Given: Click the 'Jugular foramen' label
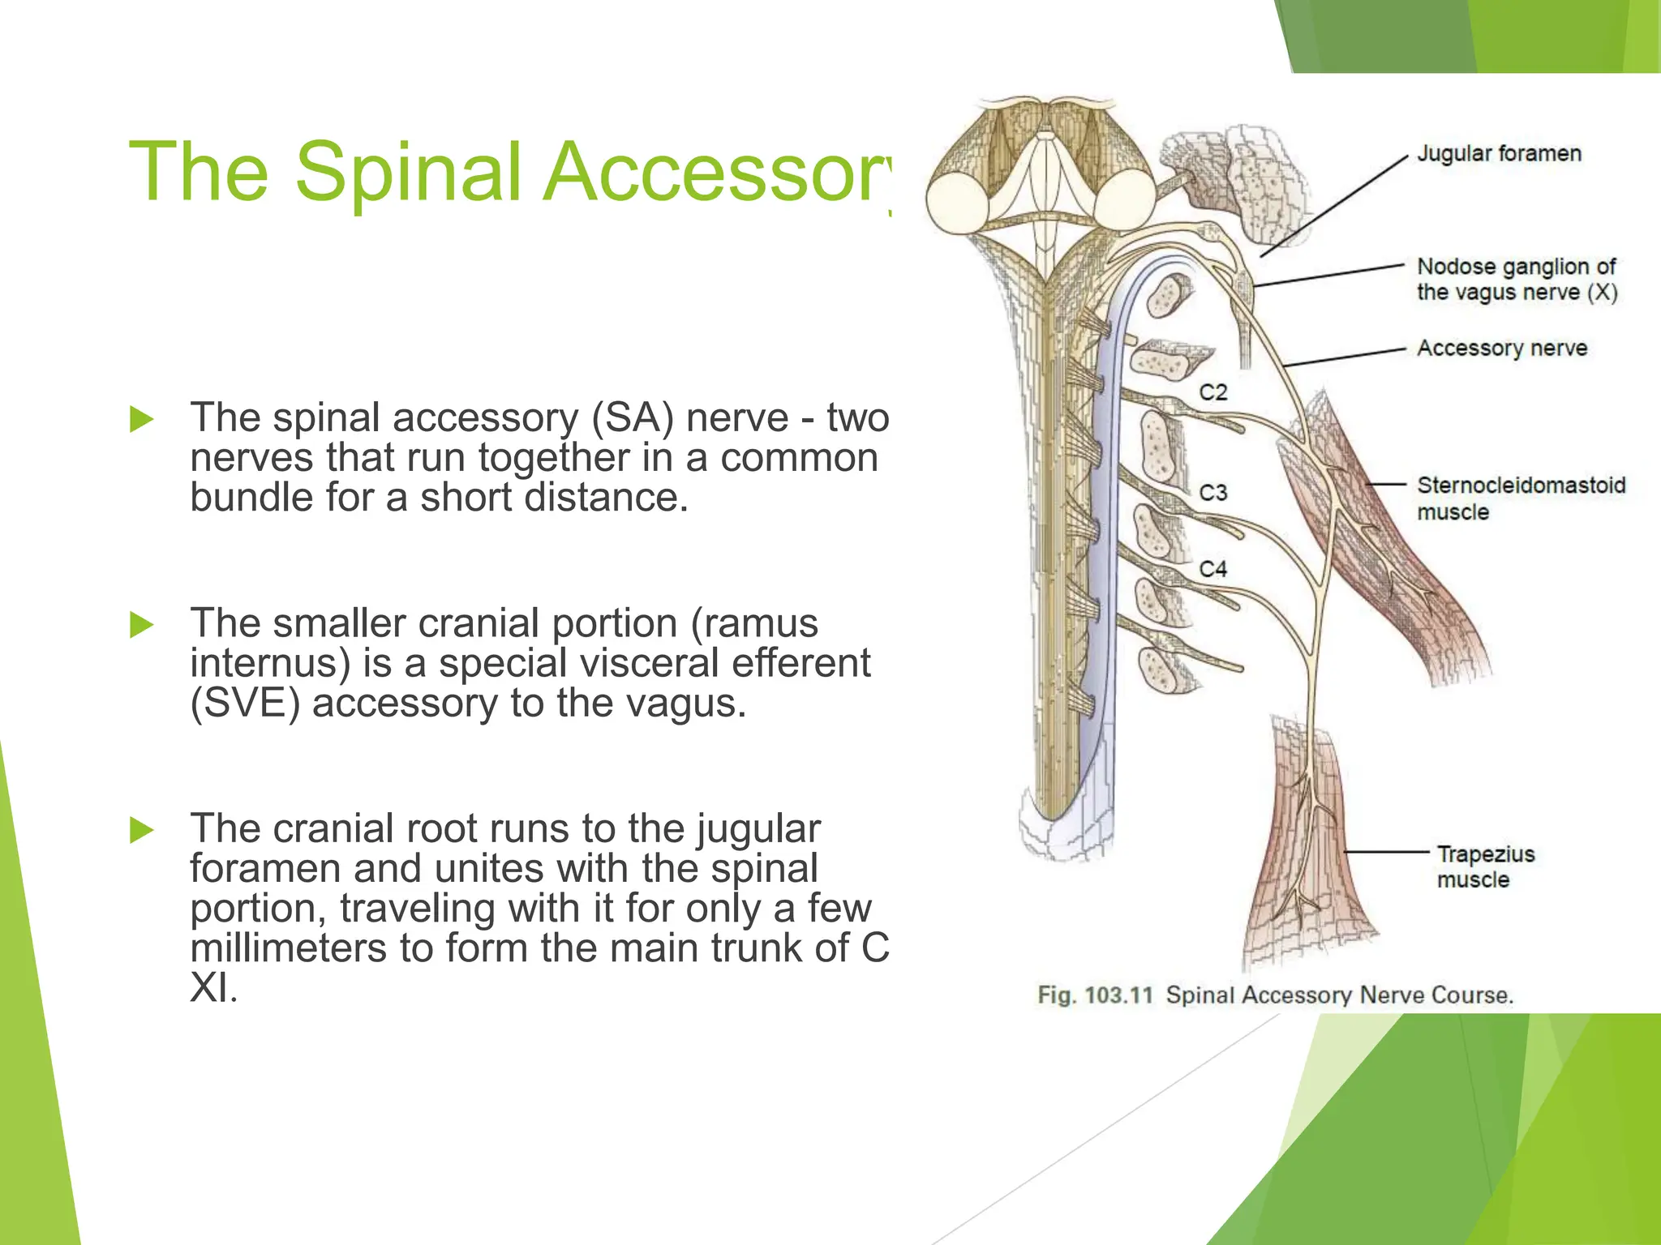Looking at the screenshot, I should click(x=1499, y=154).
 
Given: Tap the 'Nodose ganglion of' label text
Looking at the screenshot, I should click(x=1516, y=267).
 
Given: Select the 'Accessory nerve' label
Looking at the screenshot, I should click(x=1502, y=349).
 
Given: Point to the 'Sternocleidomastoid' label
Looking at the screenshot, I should click(x=1521, y=486).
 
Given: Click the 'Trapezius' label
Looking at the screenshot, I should click(x=1486, y=854).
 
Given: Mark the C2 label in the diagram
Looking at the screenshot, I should click(x=1213, y=392).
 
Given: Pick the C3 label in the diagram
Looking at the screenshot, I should click(x=1213, y=493).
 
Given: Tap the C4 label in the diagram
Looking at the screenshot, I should click(x=1213, y=569).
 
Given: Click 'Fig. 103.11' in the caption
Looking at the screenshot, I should click(x=1095, y=995).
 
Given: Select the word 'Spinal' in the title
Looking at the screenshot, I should click(x=407, y=172).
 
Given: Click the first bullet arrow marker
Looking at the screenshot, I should click(x=142, y=419).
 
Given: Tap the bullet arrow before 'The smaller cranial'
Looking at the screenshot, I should click(x=142, y=625).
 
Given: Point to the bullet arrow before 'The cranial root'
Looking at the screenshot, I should click(x=142, y=830).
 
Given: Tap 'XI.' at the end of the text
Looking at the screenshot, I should click(x=213, y=988).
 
